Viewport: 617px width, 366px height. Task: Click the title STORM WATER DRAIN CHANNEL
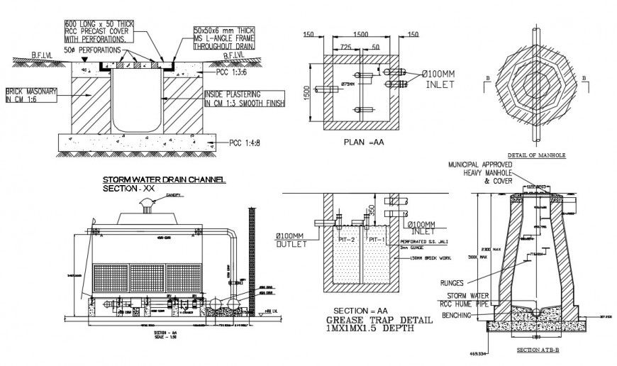coord(164,180)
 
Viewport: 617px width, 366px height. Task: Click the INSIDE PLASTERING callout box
coord(244,98)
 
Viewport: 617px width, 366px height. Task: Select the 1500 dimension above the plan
coord(360,34)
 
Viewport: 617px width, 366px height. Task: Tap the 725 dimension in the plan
coord(347,46)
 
